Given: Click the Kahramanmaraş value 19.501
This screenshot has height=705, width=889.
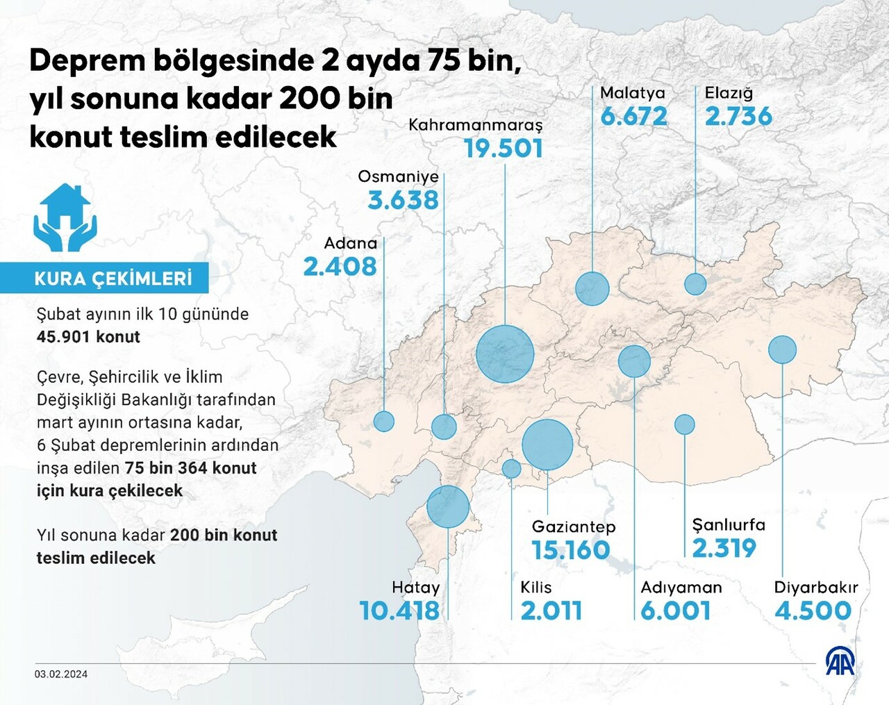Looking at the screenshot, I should coord(503,149).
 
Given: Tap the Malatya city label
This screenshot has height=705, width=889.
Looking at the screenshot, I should coord(632,93).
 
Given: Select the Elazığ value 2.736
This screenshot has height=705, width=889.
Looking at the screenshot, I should coord(738,117).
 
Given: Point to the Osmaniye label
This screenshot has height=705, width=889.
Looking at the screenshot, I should coord(398,176).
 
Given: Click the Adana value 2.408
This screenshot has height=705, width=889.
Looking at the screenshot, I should coord(340,267).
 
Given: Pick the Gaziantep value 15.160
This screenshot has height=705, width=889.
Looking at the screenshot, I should coord(570,551).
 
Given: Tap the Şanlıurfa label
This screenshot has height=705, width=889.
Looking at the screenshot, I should coord(729,525).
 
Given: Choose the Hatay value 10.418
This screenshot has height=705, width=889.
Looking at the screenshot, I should coord(399,611).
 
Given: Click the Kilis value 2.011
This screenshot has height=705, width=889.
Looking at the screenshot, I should coord(551,611).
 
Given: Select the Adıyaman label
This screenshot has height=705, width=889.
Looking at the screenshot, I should coord(681,588).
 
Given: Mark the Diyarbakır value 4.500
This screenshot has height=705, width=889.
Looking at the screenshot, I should coord(813,611).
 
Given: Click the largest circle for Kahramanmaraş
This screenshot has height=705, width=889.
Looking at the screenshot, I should coord(505,354).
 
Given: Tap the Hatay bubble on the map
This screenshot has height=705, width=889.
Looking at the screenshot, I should coord(448,506).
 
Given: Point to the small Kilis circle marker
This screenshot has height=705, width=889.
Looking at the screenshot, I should coord(511,469).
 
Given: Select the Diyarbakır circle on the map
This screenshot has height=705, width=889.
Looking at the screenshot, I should coord(783,349).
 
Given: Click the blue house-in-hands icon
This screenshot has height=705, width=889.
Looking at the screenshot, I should coord(65,217).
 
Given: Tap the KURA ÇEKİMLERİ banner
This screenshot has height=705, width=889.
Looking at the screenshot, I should coord(113,279).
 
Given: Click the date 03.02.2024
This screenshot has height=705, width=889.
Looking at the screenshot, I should coord(61,674).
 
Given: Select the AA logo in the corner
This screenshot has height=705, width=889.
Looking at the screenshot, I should coord(839,661).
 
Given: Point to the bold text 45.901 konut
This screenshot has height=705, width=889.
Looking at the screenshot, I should coord(88,337).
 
